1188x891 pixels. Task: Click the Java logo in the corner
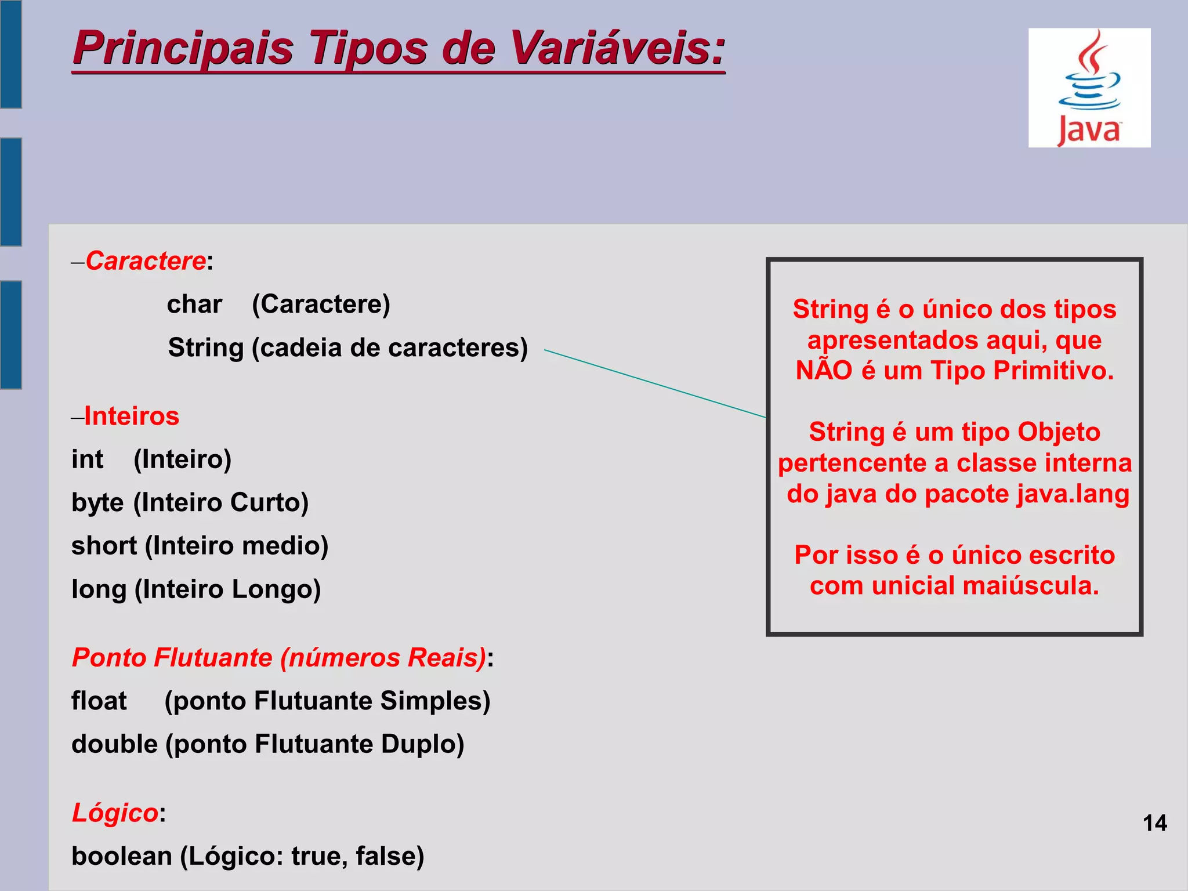click(x=1089, y=88)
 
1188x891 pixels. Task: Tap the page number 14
click(x=1154, y=823)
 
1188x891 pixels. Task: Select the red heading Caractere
click(x=146, y=261)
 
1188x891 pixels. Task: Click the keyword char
click(x=194, y=305)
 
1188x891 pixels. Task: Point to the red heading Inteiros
click(x=132, y=416)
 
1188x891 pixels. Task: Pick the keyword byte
click(x=97, y=502)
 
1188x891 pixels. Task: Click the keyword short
click(x=104, y=546)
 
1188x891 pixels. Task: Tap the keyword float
click(x=99, y=701)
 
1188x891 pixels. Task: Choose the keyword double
click(x=114, y=744)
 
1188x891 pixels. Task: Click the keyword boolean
click(x=121, y=856)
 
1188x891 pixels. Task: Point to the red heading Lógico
click(x=115, y=813)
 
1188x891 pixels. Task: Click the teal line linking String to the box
click(x=655, y=383)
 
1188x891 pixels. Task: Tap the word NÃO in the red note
click(x=823, y=371)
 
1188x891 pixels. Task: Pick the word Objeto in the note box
click(x=1059, y=432)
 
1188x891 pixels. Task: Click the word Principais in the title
click(x=183, y=48)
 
